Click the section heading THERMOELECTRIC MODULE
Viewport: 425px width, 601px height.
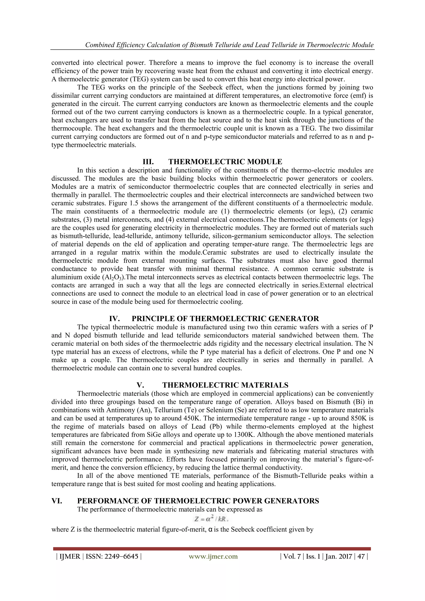click(x=225, y=161)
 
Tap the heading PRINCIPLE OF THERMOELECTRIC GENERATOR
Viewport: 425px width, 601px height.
click(x=225, y=319)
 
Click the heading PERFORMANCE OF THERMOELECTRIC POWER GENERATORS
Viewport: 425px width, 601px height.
click(x=198, y=501)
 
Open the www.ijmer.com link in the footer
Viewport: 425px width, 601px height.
click(x=213, y=557)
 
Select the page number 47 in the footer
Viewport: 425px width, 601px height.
click(x=361, y=557)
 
